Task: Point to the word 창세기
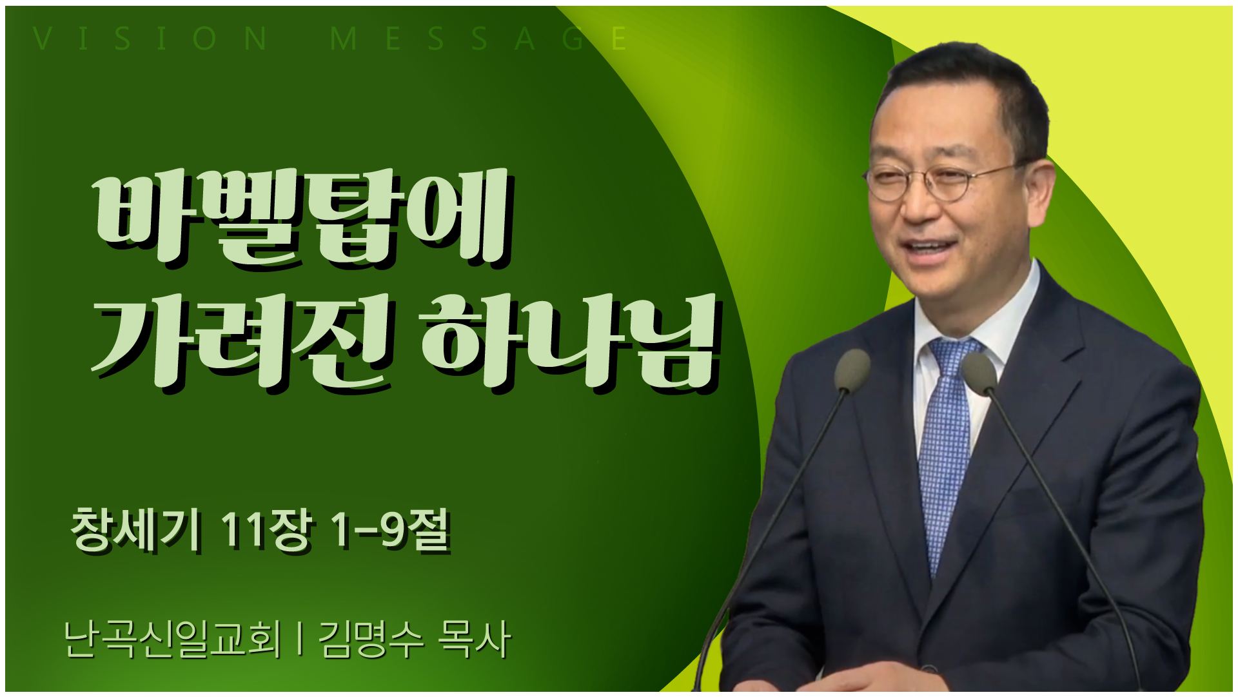[135, 530]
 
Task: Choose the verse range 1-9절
[389, 530]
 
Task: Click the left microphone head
[852, 370]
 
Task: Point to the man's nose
[916, 206]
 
